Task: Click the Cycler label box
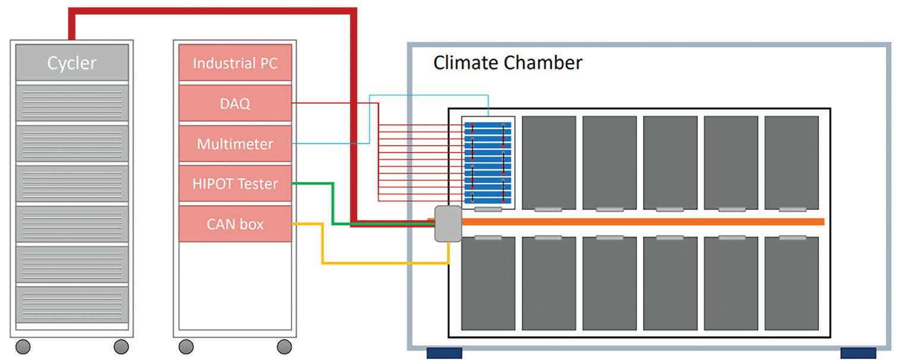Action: pos(72,62)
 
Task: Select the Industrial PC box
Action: pos(235,62)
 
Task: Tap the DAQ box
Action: pos(235,103)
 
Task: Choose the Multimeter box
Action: pos(235,144)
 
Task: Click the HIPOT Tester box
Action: pos(235,184)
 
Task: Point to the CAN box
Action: pos(235,225)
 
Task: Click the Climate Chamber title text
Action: pos(508,63)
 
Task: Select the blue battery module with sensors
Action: pos(488,161)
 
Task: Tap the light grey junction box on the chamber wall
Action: pos(448,223)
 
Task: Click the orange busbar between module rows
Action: pos(642,222)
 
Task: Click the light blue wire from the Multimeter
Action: pos(370,119)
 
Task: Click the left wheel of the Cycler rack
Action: pos(23,346)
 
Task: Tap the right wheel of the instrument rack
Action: pos(284,346)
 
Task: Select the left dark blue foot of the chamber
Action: pos(445,353)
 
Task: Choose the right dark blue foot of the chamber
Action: pos(858,353)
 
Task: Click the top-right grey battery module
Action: pos(792,162)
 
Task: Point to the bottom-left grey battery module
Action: pos(488,283)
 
